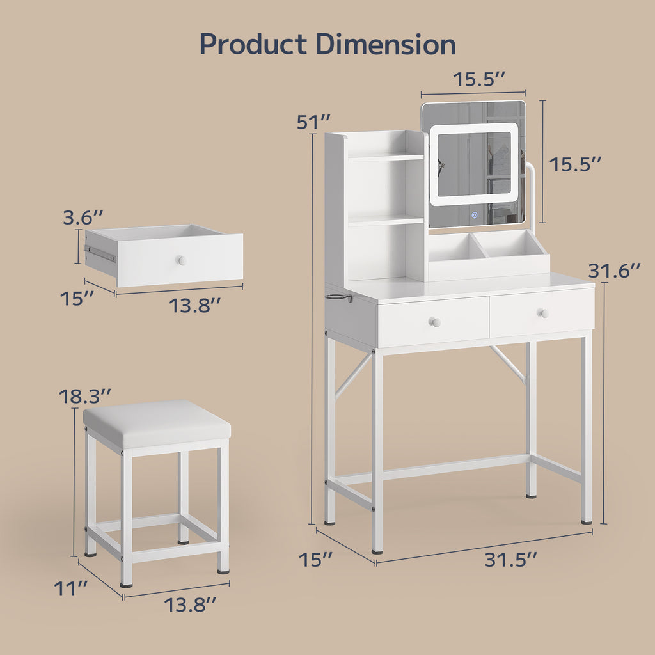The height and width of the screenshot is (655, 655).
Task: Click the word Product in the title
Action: [x=253, y=44]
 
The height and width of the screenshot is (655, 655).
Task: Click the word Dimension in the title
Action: [x=386, y=43]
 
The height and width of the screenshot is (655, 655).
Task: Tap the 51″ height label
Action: [x=313, y=122]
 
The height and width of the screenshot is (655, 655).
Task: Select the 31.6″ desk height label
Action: [x=614, y=271]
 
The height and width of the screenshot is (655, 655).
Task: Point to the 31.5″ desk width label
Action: [x=510, y=560]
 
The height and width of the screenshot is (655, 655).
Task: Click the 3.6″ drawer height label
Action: [x=83, y=217]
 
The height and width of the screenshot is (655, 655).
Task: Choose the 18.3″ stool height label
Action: [x=85, y=397]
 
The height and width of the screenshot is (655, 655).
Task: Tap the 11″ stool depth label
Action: [x=70, y=588]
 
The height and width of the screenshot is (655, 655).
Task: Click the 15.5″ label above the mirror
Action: [x=479, y=79]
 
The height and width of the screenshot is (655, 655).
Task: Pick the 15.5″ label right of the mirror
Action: [x=575, y=164]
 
